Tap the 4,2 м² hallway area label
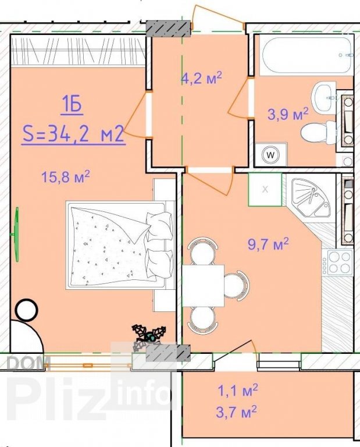[202, 78]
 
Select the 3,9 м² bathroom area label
[288, 114]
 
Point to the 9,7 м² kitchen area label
[268, 244]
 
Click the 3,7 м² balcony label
[236, 412]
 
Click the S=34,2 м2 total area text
[73, 134]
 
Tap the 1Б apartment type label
[71, 105]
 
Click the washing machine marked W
[270, 155]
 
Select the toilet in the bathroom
[318, 133]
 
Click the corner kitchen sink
[311, 197]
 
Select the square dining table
[203, 286]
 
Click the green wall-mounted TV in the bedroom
[16, 235]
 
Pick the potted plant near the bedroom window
[149, 336]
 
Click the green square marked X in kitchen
[265, 189]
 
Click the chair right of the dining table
[236, 285]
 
